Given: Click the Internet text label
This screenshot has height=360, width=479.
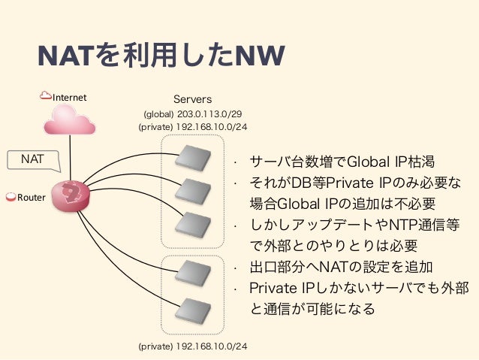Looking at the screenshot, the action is tap(69, 98).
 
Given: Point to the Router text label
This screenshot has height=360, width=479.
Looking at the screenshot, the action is tap(32, 198).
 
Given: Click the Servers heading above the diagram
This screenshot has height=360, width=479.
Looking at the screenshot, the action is tap(193, 99).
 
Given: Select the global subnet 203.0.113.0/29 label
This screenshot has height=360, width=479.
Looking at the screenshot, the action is tap(193, 113).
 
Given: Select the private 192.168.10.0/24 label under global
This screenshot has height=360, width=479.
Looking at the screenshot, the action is tap(193, 127).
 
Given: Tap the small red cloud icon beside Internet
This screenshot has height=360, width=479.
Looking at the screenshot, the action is tap(46, 96).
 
